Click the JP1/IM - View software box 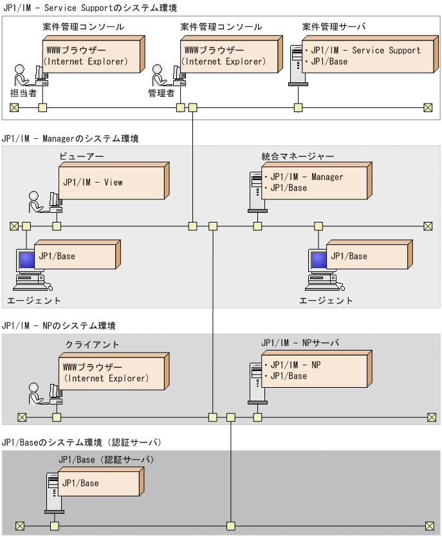113,183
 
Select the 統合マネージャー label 298,156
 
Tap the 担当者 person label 23,93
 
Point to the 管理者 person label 161,93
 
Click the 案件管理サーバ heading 334,27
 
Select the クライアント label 92,345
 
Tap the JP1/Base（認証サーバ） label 106,459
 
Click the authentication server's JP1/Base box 101,483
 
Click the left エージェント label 34,300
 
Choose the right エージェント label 326,300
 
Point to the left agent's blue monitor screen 26,260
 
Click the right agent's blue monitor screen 318,260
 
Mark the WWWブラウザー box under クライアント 115,372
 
